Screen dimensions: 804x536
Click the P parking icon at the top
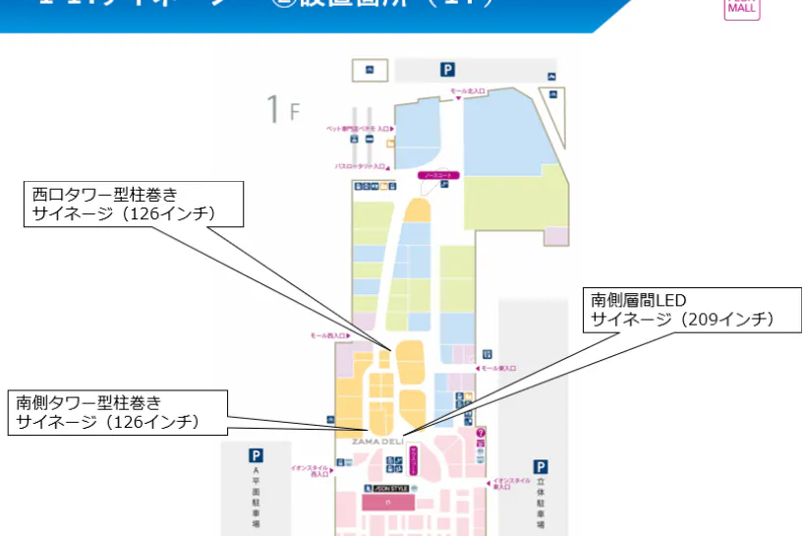(447, 70)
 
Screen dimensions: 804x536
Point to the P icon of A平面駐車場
(256, 455)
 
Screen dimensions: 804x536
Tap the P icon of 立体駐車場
(540, 466)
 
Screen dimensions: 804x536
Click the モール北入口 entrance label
(468, 90)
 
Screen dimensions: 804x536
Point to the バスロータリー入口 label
(360, 167)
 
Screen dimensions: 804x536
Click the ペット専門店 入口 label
(360, 129)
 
